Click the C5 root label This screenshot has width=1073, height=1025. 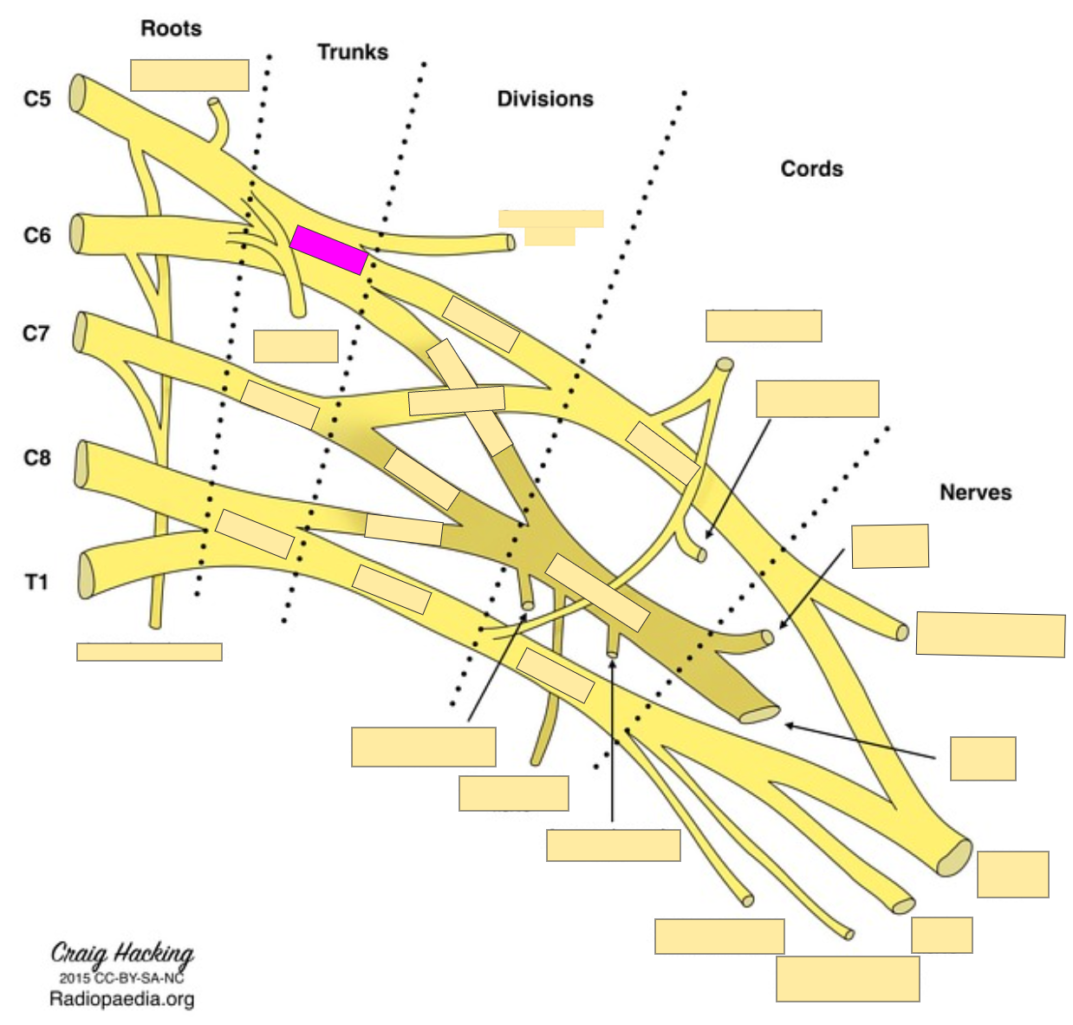point(37,99)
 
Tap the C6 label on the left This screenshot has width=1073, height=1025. point(37,235)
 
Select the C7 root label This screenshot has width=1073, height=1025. point(36,333)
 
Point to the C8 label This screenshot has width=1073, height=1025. point(37,457)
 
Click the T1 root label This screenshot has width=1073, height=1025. point(36,582)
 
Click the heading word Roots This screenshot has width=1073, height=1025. point(171,29)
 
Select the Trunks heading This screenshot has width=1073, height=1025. point(352,52)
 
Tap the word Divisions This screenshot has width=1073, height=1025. point(544,99)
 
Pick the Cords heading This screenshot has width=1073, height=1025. point(811,168)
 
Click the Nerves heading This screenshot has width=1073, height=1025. point(975,493)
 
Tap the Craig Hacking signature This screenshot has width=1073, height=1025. point(122,954)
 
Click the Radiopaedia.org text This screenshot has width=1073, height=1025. point(121,999)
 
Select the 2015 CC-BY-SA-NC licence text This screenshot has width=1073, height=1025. point(121,978)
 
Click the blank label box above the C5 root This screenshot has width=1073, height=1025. point(190,75)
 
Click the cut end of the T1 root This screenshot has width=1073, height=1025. point(86,575)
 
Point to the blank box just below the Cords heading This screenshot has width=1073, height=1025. point(764,326)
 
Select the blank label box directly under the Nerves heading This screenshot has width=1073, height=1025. point(890,546)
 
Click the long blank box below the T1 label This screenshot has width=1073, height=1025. point(149,652)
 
